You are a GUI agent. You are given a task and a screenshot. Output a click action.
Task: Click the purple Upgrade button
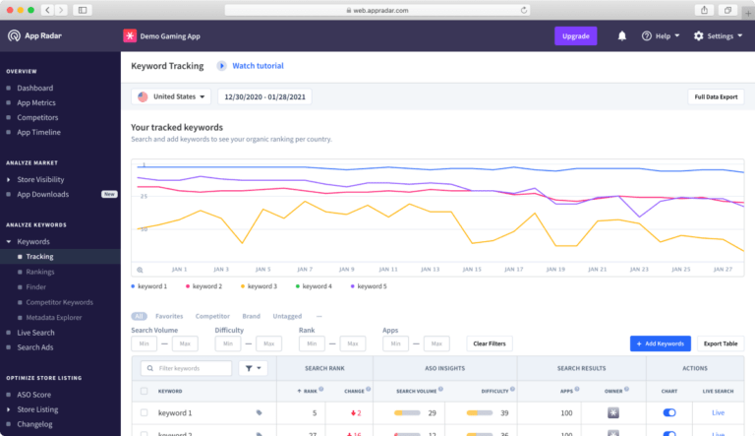pyautogui.click(x=575, y=35)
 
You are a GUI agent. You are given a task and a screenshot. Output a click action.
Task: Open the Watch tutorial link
pyautogui.click(x=257, y=66)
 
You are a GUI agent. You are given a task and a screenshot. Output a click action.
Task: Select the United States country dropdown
pyautogui.click(x=173, y=96)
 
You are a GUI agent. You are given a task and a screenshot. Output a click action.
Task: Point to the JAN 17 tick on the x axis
pyautogui.click(x=514, y=269)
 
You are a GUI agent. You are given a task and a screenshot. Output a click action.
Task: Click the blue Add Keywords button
pyautogui.click(x=660, y=343)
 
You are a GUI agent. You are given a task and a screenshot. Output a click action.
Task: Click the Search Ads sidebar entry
pyautogui.click(x=36, y=347)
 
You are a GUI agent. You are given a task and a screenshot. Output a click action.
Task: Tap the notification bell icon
pyautogui.click(x=621, y=35)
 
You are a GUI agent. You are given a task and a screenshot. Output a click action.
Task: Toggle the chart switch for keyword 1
pyautogui.click(x=669, y=413)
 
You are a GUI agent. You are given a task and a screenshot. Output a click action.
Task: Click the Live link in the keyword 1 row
pyautogui.click(x=718, y=413)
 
